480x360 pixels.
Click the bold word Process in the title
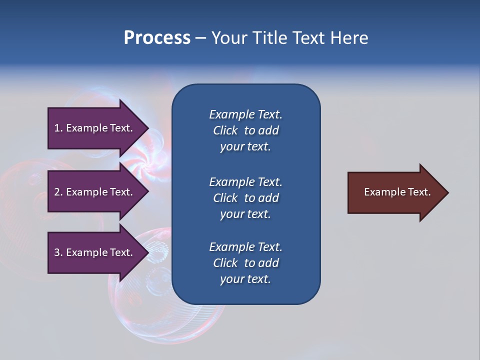157,38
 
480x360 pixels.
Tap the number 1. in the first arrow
58,128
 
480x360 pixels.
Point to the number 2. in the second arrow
58,192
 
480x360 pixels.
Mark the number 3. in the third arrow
58,252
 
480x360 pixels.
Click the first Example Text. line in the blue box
245,114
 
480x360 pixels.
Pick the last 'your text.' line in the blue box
245,279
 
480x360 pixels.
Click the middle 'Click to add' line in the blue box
245,198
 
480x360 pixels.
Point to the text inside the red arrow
397,192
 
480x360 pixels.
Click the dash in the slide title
200,38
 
